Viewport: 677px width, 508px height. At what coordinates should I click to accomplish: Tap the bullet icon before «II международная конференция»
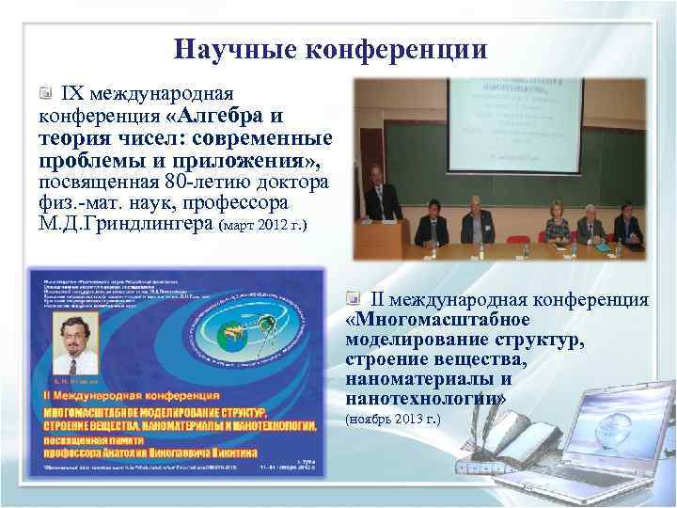coord(353,300)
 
